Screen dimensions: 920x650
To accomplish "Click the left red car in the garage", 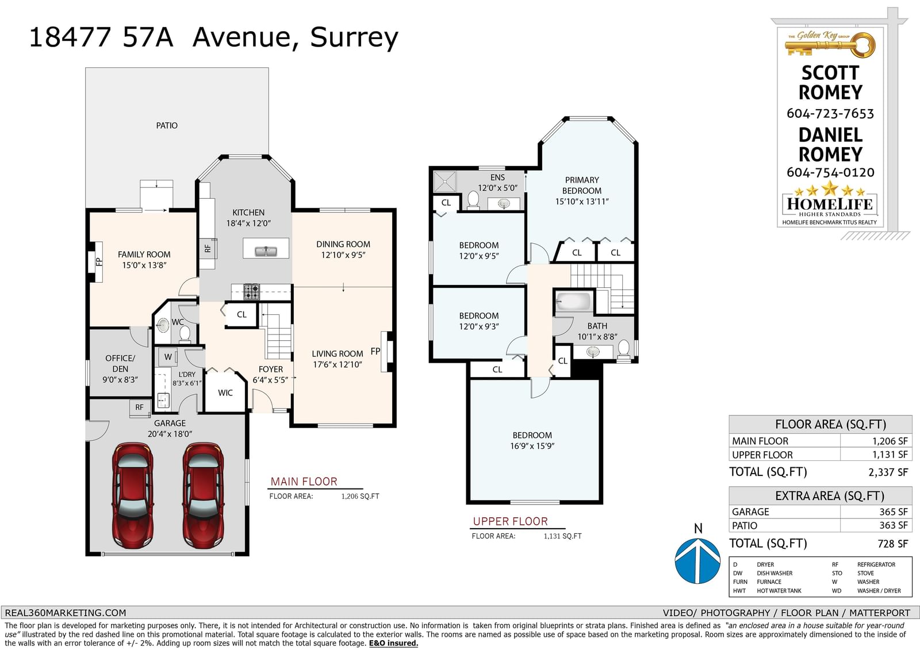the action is click(133, 495).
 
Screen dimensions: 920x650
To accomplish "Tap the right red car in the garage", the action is click(204, 495).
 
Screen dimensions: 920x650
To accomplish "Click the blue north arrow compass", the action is click(697, 560).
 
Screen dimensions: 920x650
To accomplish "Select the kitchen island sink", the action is click(266, 251).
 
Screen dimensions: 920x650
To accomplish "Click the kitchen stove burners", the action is click(251, 291).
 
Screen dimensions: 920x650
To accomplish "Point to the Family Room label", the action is click(144, 255).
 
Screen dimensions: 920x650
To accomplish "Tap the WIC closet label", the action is click(225, 393).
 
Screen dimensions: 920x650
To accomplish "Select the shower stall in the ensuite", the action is click(445, 182).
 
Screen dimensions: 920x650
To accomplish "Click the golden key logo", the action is click(830, 44).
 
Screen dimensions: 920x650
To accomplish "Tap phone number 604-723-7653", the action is click(830, 113).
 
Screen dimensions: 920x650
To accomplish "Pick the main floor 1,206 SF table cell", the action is click(890, 441).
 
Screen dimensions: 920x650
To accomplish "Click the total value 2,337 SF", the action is click(888, 472).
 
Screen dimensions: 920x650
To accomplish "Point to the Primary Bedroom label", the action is click(582, 185).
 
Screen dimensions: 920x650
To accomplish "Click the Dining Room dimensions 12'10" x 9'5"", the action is click(343, 255).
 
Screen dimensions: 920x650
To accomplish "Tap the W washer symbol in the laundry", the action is click(168, 357).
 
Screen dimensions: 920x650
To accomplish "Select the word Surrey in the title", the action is click(354, 38).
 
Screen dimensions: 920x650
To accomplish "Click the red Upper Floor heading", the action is click(511, 521).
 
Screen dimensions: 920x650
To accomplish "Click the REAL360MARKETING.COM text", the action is click(66, 613).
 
